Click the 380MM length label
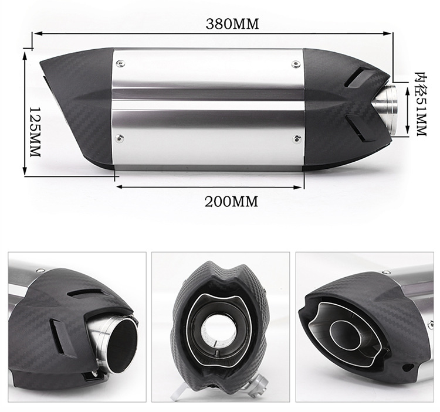point(232,24)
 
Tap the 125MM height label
point(35,132)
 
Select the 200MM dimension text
point(231,201)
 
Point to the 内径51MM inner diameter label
point(421,104)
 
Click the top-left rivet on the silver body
point(121,63)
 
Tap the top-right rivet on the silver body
point(296,64)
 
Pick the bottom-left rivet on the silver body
point(120,137)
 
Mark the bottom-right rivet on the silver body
point(297,138)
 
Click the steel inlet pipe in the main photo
point(387,110)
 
